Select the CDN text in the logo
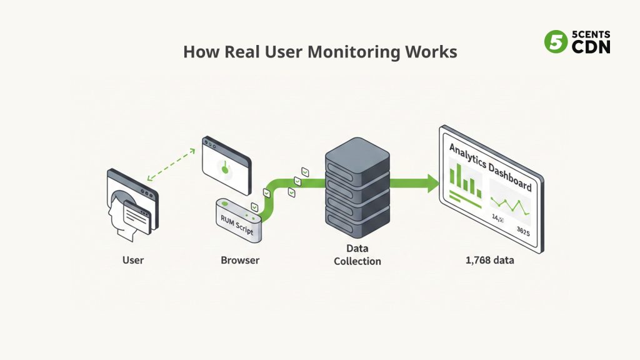(591, 47)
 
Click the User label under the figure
(132, 259)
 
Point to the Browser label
(240, 259)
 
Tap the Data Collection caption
(357, 255)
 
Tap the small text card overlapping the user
(137, 216)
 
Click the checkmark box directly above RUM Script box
(254, 207)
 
